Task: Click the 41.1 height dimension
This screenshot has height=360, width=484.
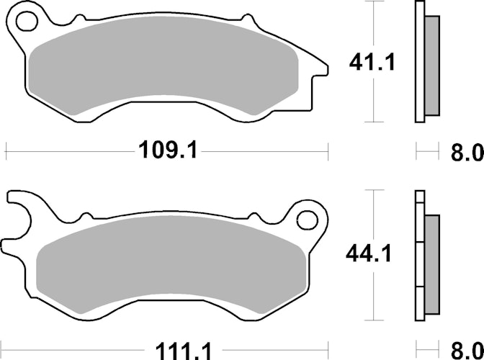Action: [372, 63]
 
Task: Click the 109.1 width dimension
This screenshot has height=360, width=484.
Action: [168, 150]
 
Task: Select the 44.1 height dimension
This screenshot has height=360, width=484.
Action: [369, 253]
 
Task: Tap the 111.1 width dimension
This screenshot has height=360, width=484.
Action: [184, 351]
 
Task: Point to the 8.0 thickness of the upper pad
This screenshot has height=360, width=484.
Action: [467, 152]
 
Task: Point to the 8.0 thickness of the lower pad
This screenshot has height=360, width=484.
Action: [467, 350]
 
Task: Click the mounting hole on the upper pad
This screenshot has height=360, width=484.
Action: [27, 22]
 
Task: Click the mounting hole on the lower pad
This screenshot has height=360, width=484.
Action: [307, 220]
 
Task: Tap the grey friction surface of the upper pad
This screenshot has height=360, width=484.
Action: [163, 65]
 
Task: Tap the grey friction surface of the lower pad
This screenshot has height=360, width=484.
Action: [171, 264]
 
